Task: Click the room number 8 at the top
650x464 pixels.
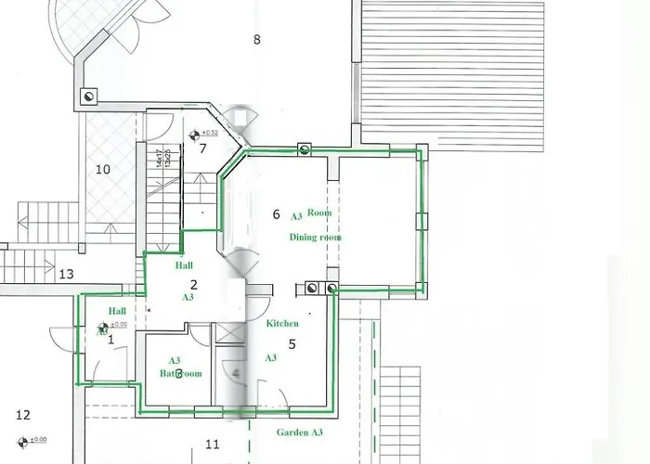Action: tap(256, 39)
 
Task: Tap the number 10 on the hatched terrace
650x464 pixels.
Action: tap(103, 169)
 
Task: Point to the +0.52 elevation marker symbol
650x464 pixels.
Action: tap(196, 134)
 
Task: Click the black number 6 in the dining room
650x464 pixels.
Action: tap(276, 214)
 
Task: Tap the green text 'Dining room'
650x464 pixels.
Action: tap(316, 238)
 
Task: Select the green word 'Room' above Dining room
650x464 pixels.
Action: tap(319, 213)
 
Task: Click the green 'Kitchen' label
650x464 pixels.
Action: tap(282, 324)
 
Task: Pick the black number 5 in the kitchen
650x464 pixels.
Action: tap(292, 344)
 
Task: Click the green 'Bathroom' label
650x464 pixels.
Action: tap(180, 373)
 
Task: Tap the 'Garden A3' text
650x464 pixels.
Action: tap(300, 432)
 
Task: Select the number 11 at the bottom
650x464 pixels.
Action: tap(212, 445)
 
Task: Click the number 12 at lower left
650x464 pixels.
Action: tap(23, 415)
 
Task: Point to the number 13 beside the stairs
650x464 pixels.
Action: tap(66, 275)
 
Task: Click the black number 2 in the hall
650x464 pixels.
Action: tap(193, 285)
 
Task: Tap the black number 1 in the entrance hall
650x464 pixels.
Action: tap(110, 340)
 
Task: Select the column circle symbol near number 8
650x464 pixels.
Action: tap(89, 96)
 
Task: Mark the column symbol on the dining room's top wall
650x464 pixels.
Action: tap(304, 148)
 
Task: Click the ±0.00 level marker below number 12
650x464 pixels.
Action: tap(20, 440)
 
